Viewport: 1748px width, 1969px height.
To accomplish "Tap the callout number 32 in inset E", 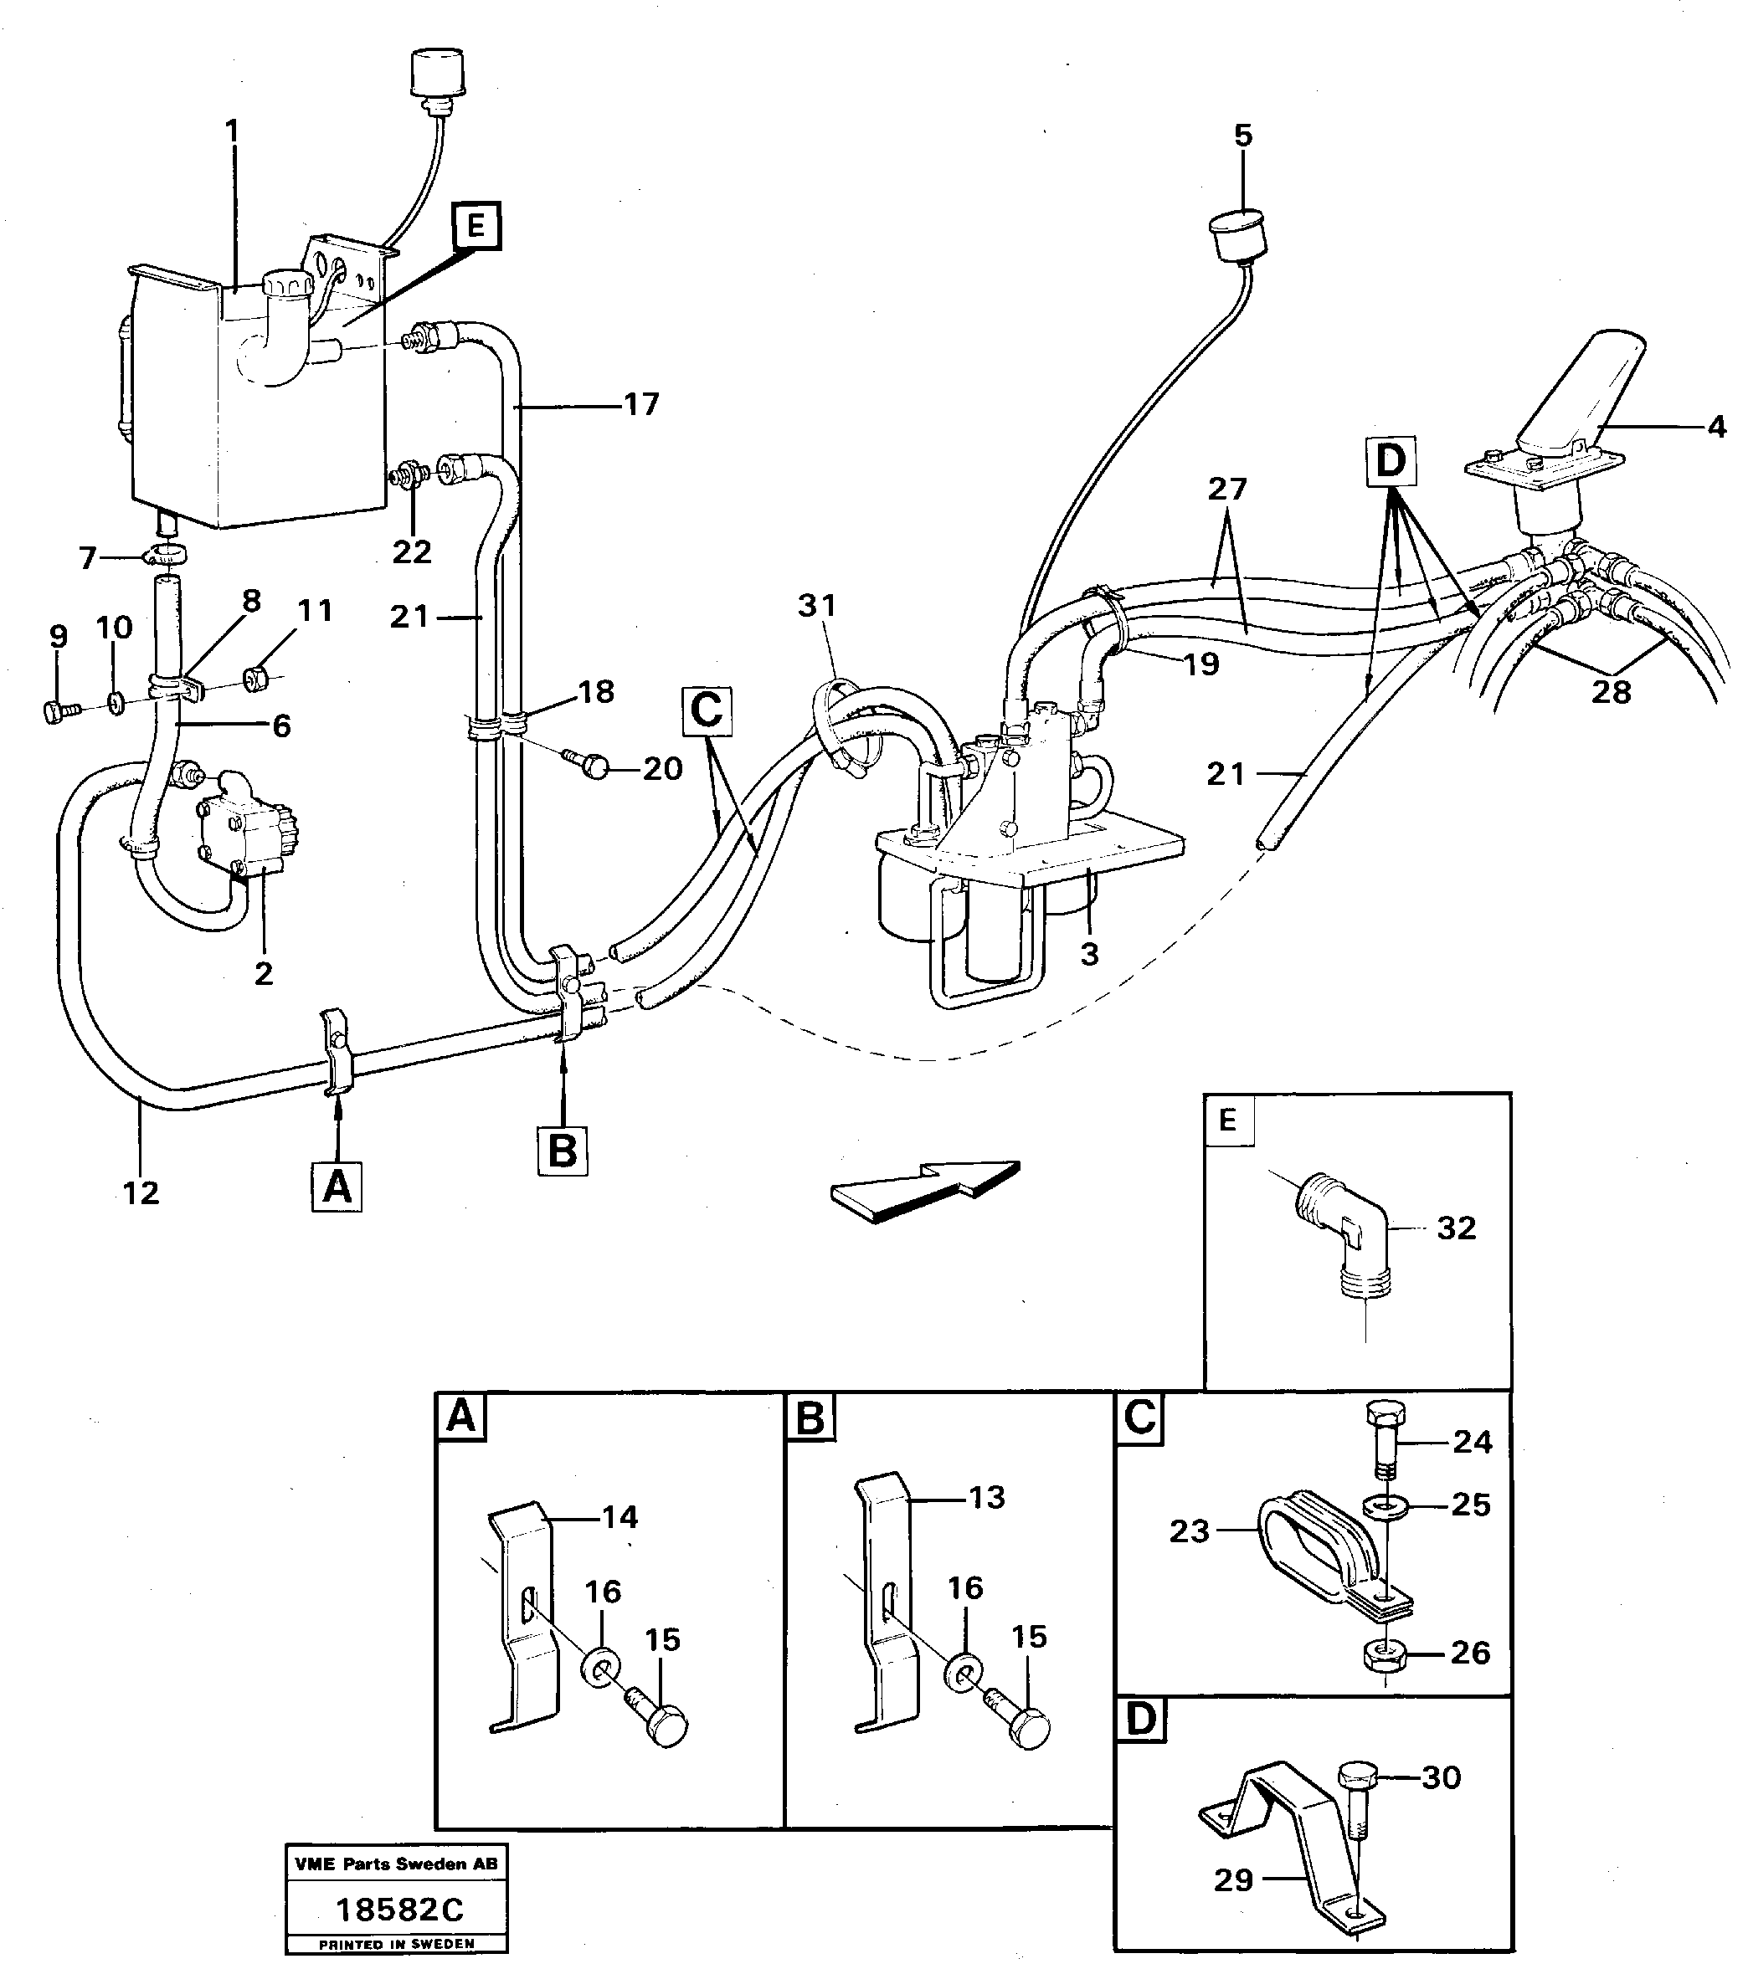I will tap(1455, 1228).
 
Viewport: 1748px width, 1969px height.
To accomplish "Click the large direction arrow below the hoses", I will tap(925, 1192).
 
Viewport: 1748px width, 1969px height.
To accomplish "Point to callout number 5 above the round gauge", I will tap(1243, 136).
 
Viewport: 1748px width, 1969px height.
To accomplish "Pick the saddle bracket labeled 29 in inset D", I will tap(1291, 1830).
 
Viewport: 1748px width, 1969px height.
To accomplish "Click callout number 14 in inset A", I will tap(620, 1517).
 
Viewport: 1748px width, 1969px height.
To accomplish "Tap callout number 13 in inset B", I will tap(986, 1497).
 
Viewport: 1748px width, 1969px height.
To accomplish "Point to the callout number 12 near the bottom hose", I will tap(141, 1192).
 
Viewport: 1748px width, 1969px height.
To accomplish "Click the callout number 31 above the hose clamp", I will tap(817, 606).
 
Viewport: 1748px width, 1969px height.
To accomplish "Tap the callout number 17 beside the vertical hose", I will tap(640, 404).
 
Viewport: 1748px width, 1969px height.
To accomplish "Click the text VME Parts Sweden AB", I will tap(396, 1864).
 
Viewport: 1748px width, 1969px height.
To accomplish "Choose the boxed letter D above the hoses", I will tap(1390, 461).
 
